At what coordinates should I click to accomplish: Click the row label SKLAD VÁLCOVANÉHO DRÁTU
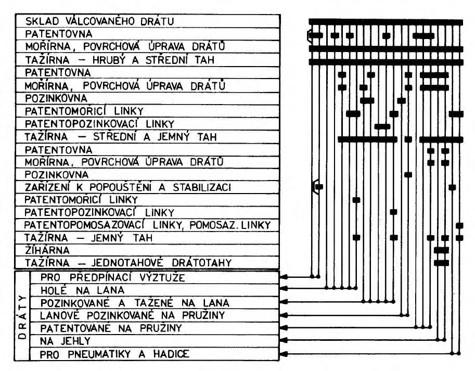pyautogui.click(x=100, y=21)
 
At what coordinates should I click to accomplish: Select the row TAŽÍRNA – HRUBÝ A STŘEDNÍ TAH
pyautogui.click(x=120, y=60)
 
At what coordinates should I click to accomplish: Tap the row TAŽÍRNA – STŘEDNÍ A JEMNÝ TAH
pyautogui.click(x=121, y=137)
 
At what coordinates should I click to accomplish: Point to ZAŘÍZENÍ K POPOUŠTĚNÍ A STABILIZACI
pyautogui.click(x=127, y=187)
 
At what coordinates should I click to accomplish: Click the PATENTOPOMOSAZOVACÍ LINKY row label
pyautogui.click(x=147, y=225)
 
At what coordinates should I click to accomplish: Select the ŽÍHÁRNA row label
pyautogui.click(x=47, y=250)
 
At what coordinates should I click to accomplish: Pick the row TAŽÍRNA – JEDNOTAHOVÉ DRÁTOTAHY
pyautogui.click(x=128, y=262)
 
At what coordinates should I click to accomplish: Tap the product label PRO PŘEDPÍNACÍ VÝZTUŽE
pyautogui.click(x=112, y=277)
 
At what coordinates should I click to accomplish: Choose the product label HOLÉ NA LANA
pyautogui.click(x=82, y=290)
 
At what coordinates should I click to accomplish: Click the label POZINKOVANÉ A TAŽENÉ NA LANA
pyautogui.click(x=135, y=303)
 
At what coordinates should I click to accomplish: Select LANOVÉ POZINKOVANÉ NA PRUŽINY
pyautogui.click(x=133, y=315)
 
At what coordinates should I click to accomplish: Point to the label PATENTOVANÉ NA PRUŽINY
pyautogui.click(x=111, y=328)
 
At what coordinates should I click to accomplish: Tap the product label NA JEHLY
pyautogui.click(x=65, y=341)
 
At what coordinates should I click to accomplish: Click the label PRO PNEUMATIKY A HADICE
pyautogui.click(x=114, y=354)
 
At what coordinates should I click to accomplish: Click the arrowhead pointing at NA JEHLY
pyautogui.click(x=284, y=340)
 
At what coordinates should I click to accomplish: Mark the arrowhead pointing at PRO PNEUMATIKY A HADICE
pyautogui.click(x=284, y=353)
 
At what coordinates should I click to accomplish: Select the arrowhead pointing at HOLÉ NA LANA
pyautogui.click(x=284, y=288)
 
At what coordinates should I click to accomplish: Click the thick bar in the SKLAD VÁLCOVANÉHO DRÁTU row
pyautogui.click(x=386, y=22)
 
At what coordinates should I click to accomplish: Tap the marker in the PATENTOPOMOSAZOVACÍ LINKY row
pyautogui.click(x=459, y=225)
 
